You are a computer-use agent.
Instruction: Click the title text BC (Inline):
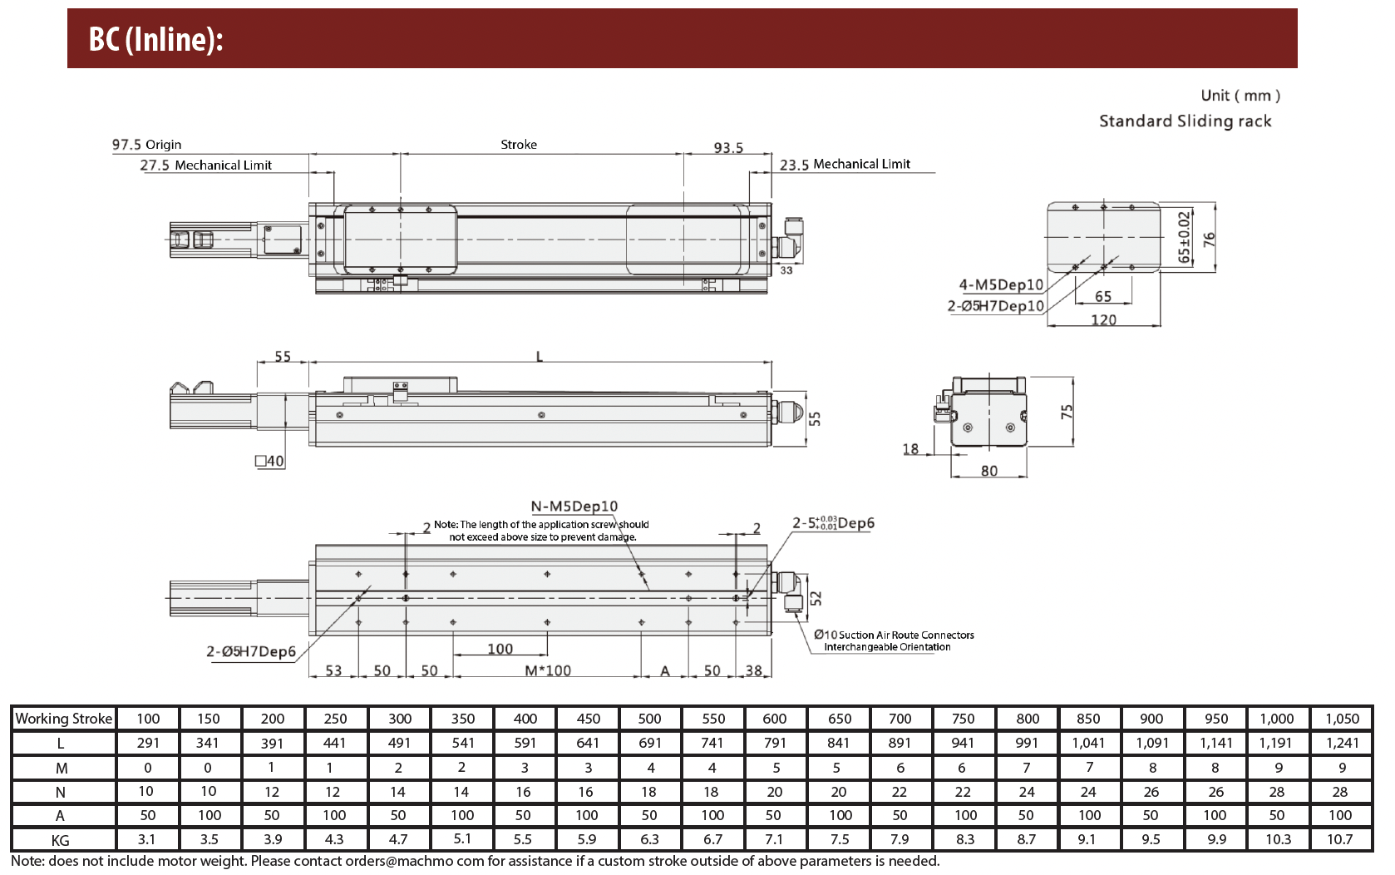(155, 39)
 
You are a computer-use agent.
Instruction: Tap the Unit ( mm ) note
(1240, 96)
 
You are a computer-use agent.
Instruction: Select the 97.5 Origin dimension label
(147, 145)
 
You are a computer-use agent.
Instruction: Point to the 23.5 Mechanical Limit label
(845, 164)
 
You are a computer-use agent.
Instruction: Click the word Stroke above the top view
(519, 145)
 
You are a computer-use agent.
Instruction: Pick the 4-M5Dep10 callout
(1001, 284)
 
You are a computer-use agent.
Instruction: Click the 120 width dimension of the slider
(1103, 319)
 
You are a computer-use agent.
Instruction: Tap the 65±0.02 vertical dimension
(1184, 237)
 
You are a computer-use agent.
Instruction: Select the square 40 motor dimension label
(269, 461)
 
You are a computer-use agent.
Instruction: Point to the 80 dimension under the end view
(989, 471)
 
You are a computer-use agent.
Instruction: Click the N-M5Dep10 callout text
(574, 506)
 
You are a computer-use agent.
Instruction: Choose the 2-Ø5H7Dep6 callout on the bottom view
(251, 651)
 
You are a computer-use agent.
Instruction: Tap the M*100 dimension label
(547, 670)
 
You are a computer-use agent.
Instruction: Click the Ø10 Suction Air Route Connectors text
(894, 635)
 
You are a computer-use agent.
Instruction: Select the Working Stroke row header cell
(63, 719)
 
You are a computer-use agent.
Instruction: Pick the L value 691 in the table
(649, 743)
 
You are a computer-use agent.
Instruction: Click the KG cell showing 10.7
(1340, 839)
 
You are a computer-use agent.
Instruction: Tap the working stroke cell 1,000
(1277, 719)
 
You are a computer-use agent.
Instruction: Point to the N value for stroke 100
(145, 792)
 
